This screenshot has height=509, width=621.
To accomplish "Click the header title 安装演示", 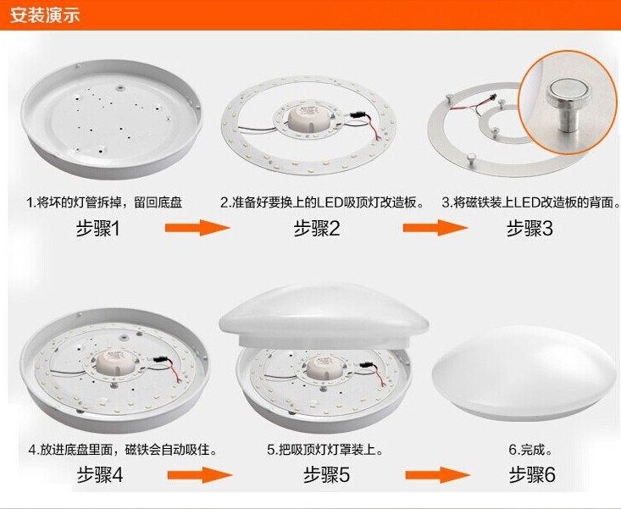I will click(x=45, y=15).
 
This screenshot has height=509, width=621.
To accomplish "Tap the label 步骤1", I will click(x=100, y=228).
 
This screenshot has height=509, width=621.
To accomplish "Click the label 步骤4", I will click(x=100, y=475).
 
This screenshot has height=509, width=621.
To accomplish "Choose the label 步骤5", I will click(x=326, y=475).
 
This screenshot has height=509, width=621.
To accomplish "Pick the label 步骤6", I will click(x=532, y=475).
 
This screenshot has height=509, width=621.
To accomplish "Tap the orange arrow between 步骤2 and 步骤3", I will click(x=435, y=228).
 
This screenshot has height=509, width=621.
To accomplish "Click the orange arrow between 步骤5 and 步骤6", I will click(x=435, y=475).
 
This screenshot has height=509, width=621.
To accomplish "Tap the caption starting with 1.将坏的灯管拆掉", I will click(x=104, y=203).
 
